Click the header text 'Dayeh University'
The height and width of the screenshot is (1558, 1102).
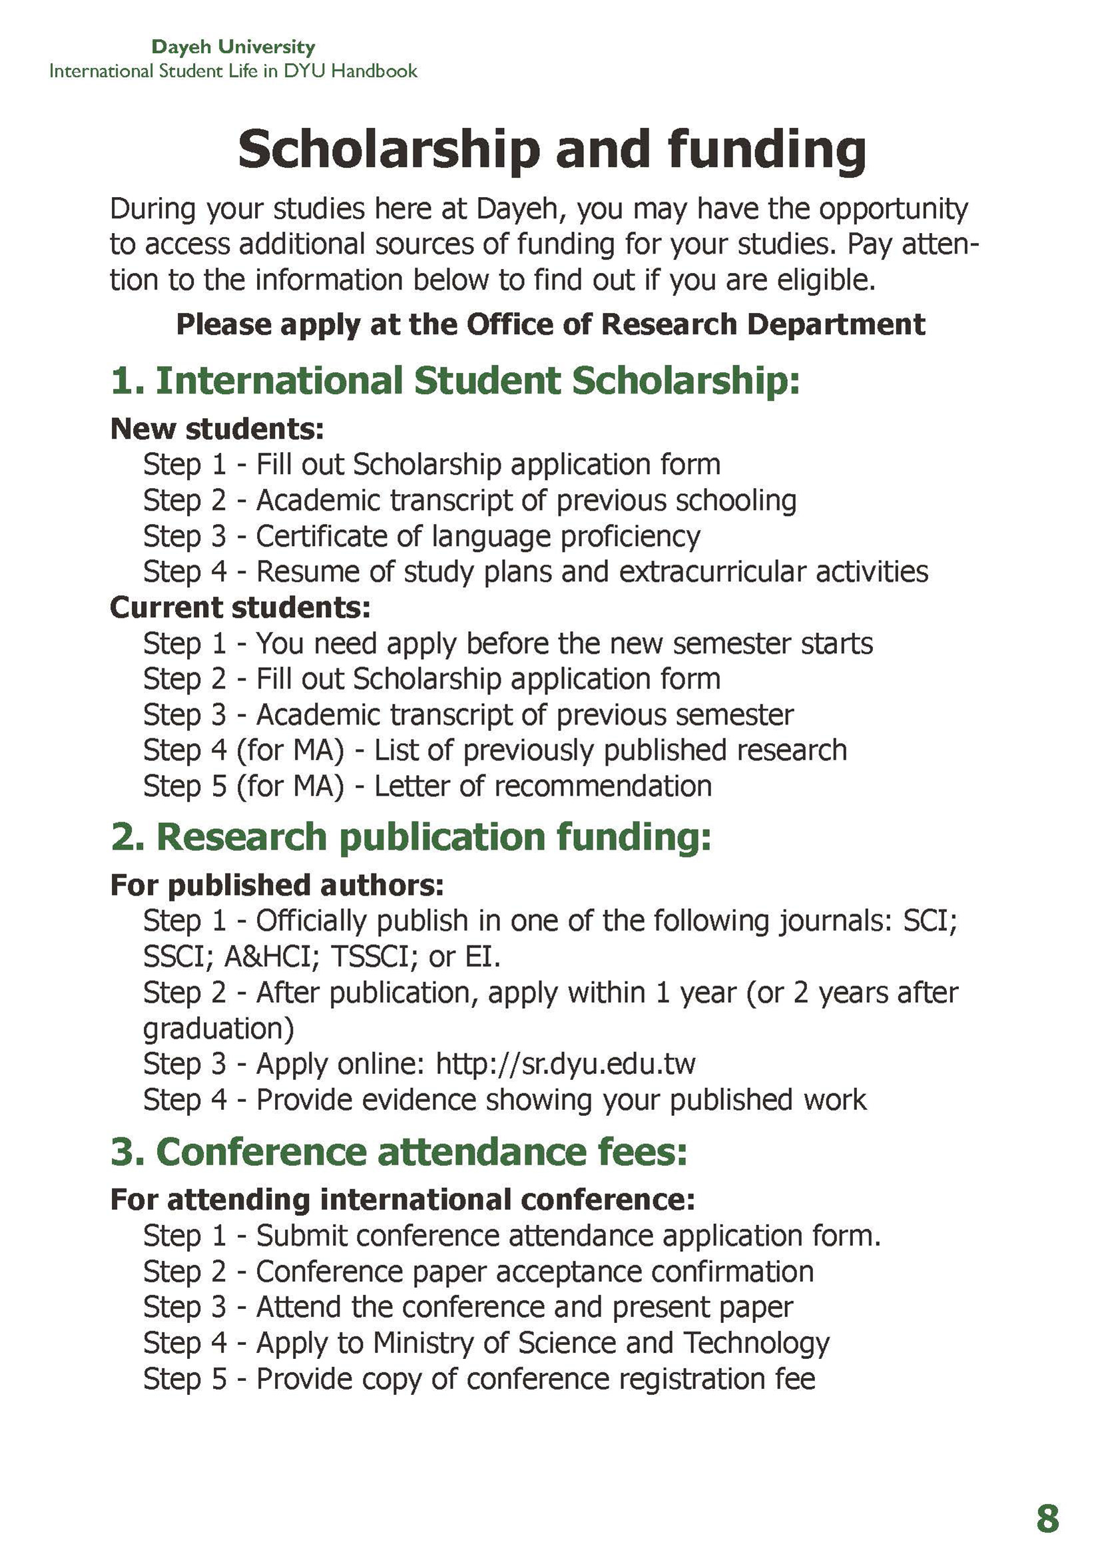point(233,47)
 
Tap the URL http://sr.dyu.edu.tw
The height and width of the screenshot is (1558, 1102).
point(565,1064)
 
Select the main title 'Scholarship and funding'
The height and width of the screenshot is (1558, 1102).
point(552,149)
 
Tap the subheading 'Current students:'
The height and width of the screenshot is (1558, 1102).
point(240,607)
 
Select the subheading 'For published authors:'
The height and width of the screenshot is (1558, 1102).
point(277,886)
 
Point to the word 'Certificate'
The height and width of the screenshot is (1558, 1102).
point(321,536)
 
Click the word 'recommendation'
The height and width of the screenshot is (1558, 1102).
point(603,786)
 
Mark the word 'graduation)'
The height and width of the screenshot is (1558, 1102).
point(218,1029)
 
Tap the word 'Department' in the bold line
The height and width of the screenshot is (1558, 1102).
point(836,324)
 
